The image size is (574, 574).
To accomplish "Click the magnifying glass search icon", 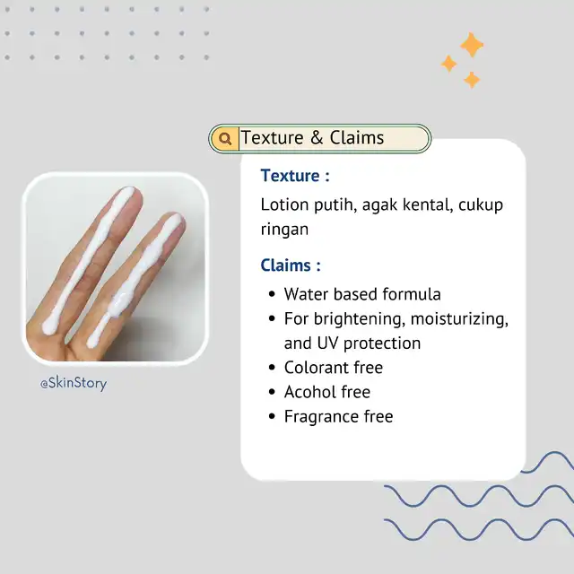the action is coord(225,138).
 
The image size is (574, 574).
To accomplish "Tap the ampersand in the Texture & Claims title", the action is coord(317,137).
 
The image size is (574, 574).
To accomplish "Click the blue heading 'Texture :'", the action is coord(295,176).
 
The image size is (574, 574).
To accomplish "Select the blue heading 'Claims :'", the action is coord(291,265).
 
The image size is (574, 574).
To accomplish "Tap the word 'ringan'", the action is coord(284,230).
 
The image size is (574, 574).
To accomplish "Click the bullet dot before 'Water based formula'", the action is coord(272,294).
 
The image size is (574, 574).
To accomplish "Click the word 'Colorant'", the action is coord(315,368).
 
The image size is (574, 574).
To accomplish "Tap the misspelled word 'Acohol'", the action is coord(309,392).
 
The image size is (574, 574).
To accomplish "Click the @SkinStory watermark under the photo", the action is coord(74,383).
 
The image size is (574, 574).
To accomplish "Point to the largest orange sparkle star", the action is coord(472,45).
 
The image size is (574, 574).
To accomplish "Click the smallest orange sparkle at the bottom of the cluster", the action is coord(472,80).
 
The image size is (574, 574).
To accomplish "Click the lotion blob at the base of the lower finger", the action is coord(93,340).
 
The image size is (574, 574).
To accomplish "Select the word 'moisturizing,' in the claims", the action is coord(459,319).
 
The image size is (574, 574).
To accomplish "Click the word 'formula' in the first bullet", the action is coord(412,294).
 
